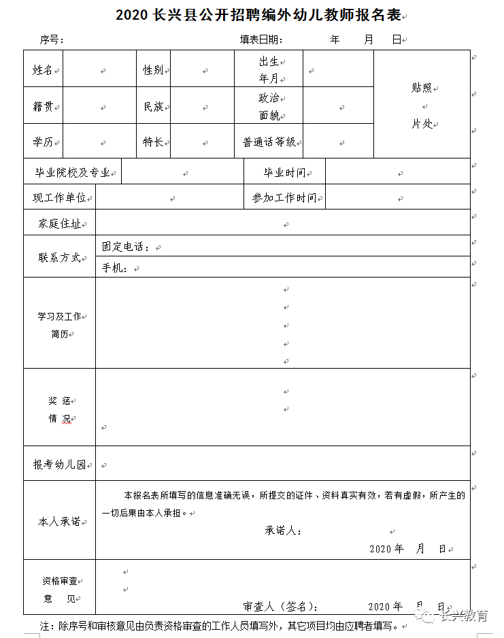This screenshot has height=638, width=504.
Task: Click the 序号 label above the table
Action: tap(52, 40)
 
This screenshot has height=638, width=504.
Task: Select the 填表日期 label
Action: tap(261, 40)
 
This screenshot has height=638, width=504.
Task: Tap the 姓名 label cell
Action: tap(43, 69)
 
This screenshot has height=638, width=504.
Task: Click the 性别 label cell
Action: tap(153, 69)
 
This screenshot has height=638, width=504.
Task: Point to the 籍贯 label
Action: tap(43, 106)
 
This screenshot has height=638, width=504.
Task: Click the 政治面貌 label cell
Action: tap(269, 106)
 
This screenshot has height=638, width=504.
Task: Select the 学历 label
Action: tap(43, 142)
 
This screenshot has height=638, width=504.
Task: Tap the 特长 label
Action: tap(153, 142)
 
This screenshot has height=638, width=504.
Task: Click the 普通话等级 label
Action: tap(269, 142)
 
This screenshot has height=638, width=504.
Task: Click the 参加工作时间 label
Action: tap(284, 198)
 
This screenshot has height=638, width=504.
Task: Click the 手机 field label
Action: tap(115, 268)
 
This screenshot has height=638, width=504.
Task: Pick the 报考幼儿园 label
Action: tap(59, 465)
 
